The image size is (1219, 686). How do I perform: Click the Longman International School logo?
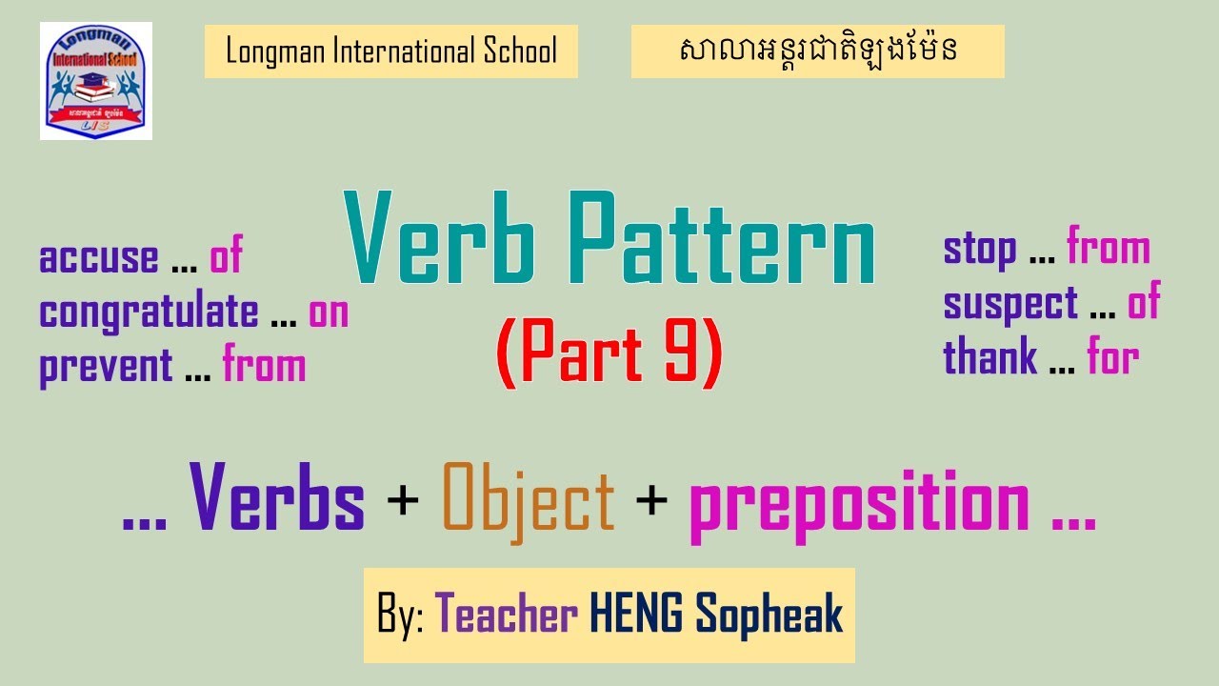[96, 81]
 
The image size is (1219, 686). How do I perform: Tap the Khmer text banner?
[817, 51]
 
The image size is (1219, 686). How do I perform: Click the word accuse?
[99, 258]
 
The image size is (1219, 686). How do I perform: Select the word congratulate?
[149, 313]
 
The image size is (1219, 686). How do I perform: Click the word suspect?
[1010, 305]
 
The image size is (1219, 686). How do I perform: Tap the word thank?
[990, 358]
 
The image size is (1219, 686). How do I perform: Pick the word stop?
[980, 250]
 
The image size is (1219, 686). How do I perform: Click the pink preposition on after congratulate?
[329, 313]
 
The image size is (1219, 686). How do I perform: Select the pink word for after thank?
[1113, 358]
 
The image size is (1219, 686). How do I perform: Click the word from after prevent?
[265, 367]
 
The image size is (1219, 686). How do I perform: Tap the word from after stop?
[1109, 249]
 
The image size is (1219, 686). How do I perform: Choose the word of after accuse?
[226, 257]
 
